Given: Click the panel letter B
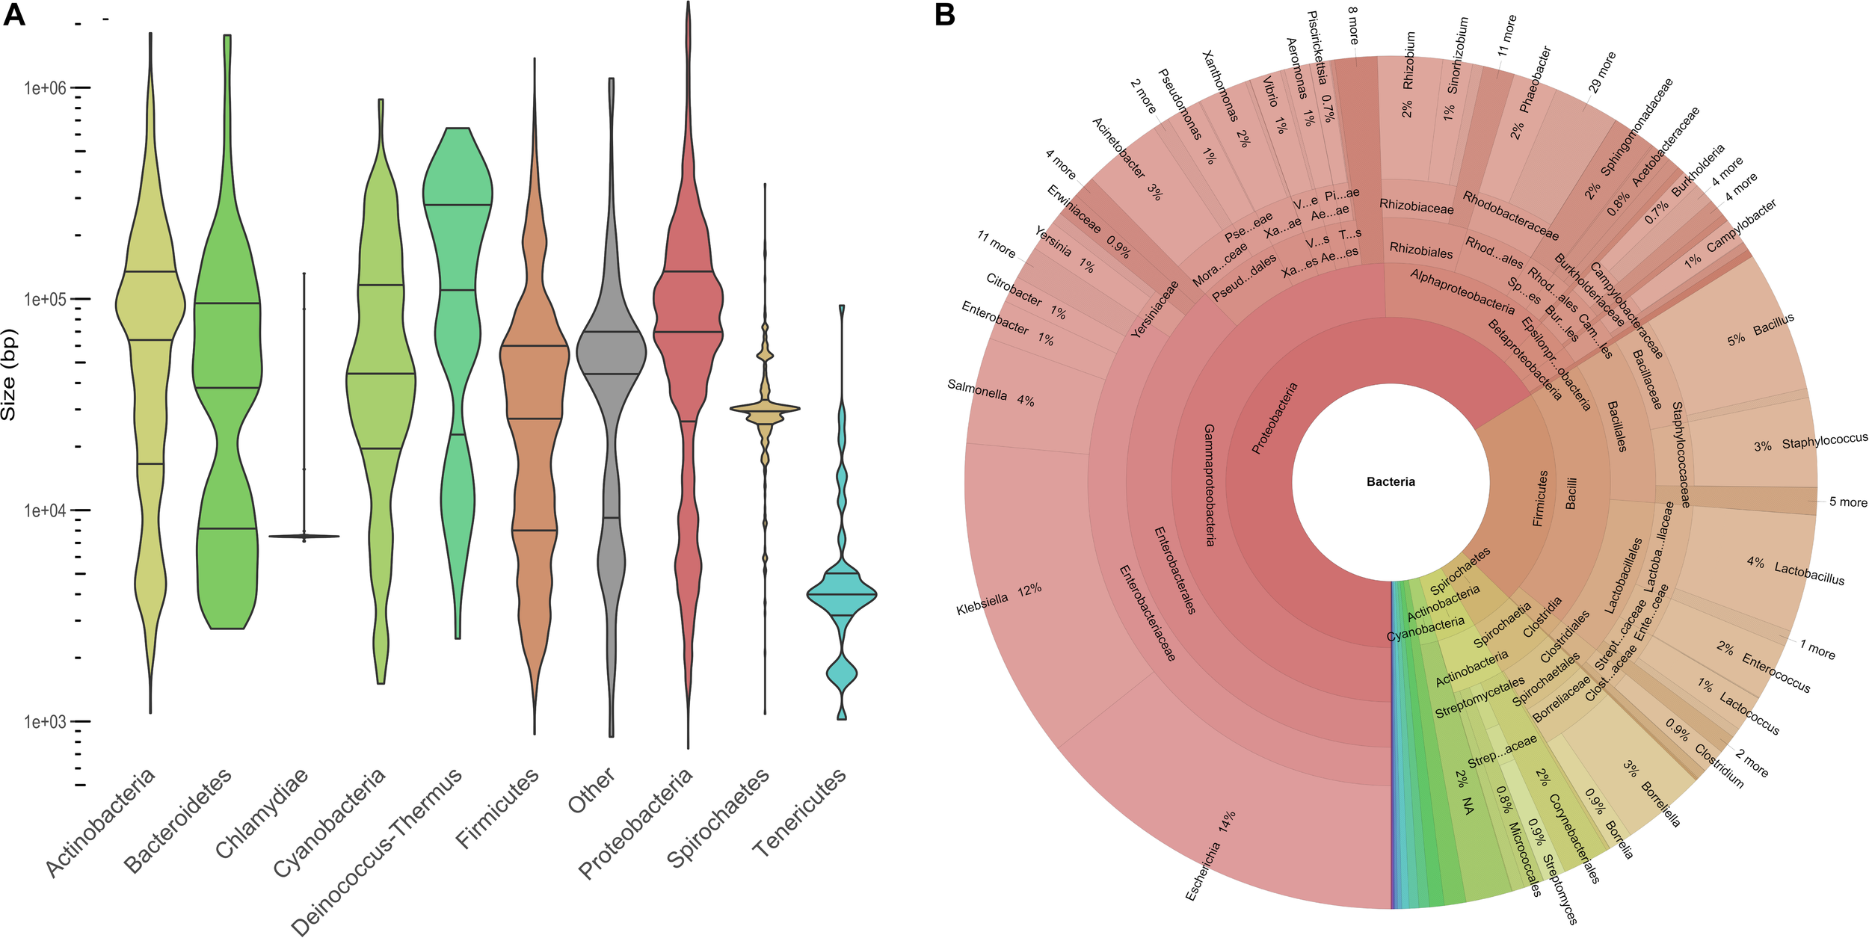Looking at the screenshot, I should pos(945,14).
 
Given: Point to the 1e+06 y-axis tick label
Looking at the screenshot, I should pos(45,88).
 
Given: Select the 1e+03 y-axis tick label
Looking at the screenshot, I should pos(45,722).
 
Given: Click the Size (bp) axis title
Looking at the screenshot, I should pos(9,374).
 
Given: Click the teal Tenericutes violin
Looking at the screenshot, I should pos(842,594).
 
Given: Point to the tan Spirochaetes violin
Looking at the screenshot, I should pos(765,408).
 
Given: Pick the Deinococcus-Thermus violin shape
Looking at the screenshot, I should pos(457,224).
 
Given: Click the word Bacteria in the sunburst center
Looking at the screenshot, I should pos(1391,482).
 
